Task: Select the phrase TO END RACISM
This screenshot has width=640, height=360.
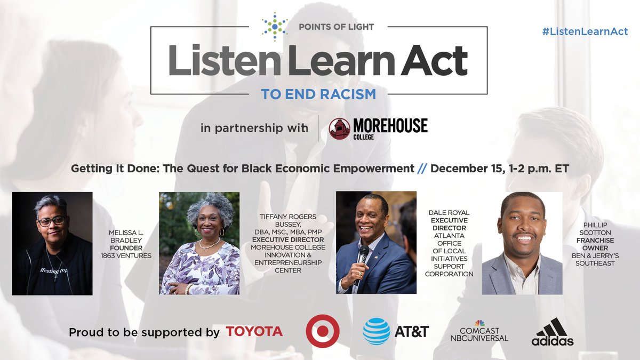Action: [318, 94]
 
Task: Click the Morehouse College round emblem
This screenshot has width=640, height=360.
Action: [340, 129]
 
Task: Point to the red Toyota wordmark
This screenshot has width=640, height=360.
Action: [254, 331]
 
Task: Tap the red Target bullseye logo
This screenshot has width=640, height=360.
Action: [323, 331]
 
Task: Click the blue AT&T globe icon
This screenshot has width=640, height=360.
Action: [377, 331]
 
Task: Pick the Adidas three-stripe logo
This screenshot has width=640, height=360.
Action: [552, 332]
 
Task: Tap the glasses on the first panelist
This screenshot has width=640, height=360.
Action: [52, 220]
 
